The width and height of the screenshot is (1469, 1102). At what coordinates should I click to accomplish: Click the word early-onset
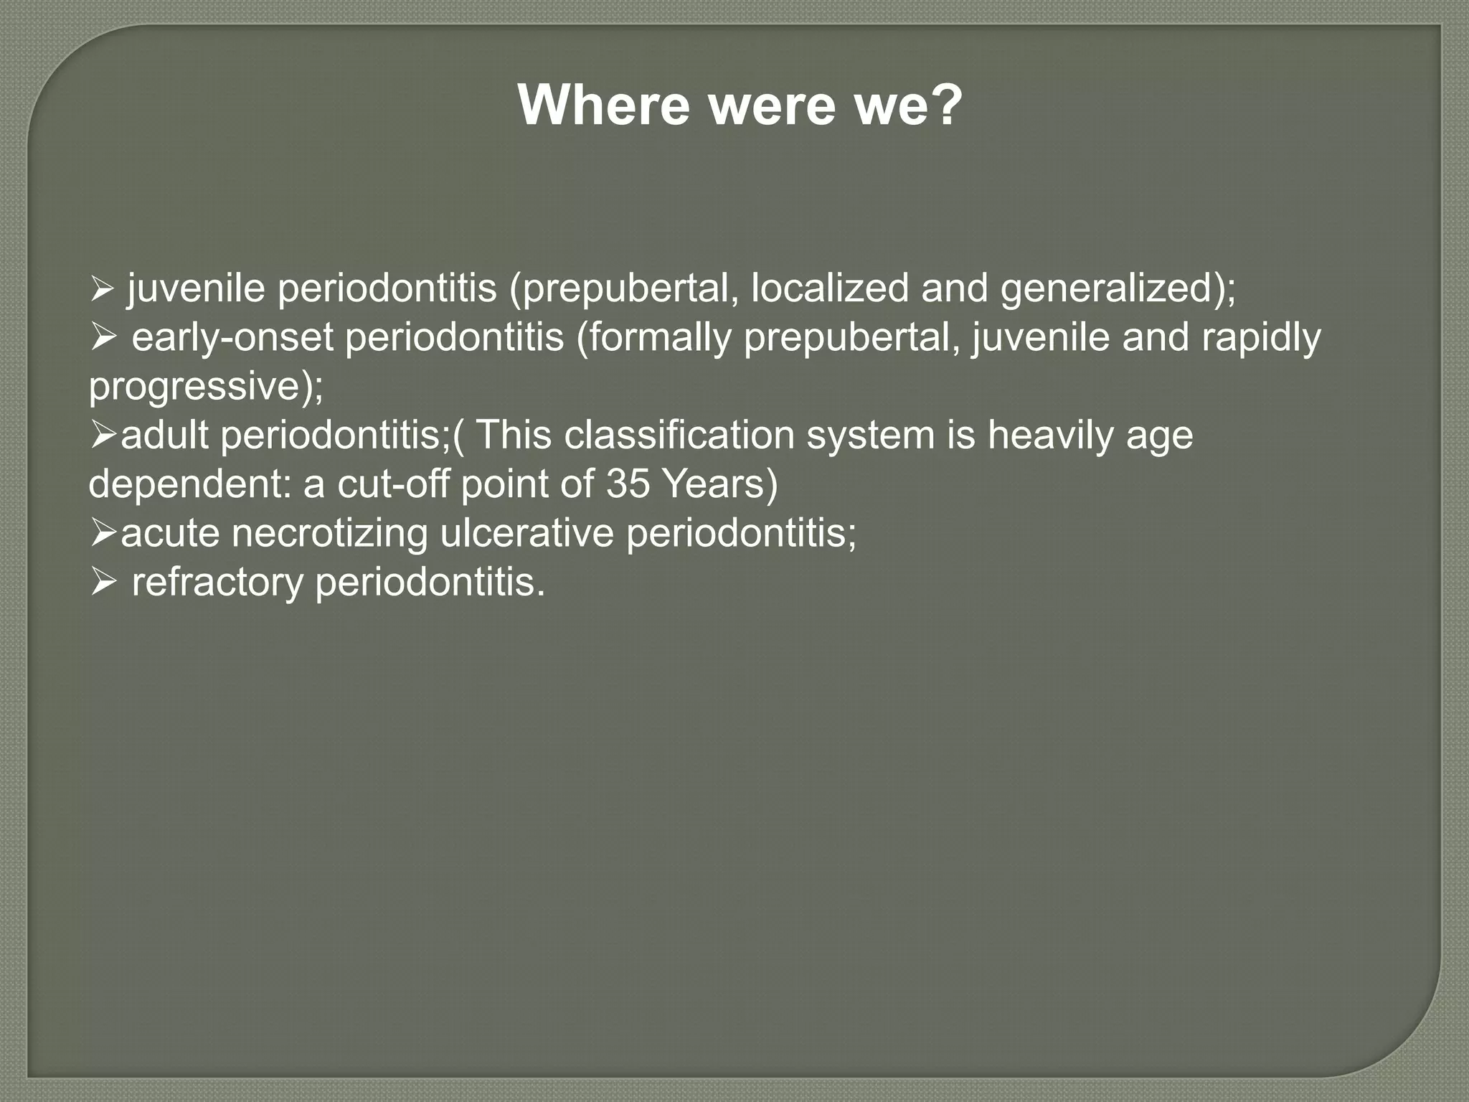pos(232,338)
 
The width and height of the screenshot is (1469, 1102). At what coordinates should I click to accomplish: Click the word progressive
pos(194,387)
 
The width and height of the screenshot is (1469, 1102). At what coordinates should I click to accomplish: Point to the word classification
pos(677,435)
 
